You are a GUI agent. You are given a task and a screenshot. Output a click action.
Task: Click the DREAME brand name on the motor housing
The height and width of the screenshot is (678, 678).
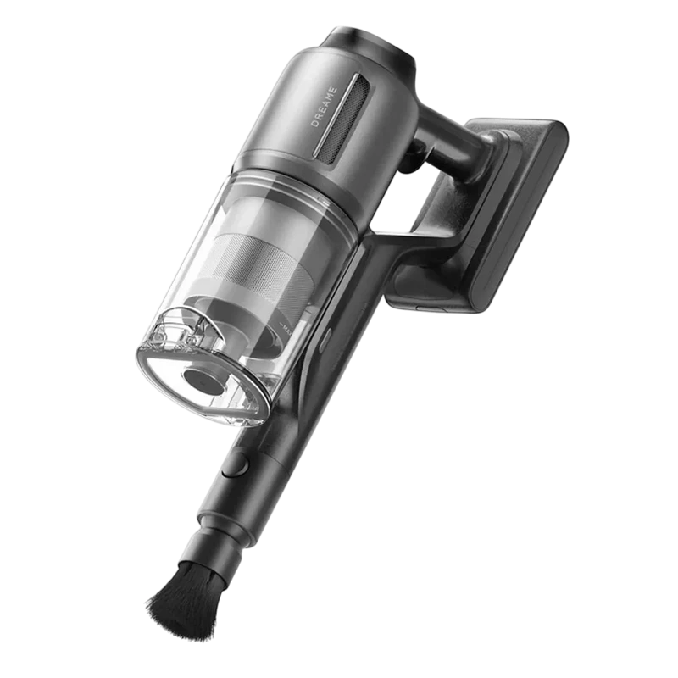(x=324, y=108)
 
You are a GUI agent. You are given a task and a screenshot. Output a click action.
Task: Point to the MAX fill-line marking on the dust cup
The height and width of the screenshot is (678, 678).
(x=286, y=329)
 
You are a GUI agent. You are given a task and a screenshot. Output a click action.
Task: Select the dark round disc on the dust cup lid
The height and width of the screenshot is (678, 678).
(x=204, y=381)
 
